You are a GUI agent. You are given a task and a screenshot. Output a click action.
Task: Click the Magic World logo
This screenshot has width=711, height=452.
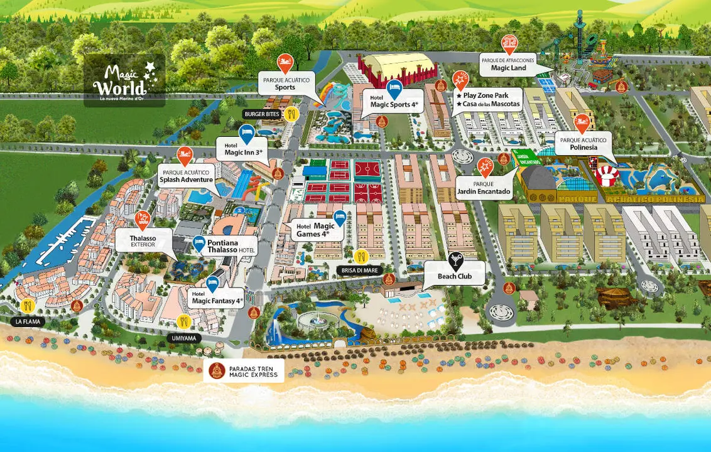(x=124, y=80)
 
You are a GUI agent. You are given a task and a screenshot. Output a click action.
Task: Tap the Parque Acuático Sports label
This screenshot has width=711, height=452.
(x=285, y=83)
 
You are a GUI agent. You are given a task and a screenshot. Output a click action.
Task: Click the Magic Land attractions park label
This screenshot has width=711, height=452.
(x=509, y=64)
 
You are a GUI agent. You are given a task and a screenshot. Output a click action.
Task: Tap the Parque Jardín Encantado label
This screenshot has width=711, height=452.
(x=484, y=188)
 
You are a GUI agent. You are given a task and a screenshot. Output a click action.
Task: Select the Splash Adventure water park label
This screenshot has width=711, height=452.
(x=186, y=175)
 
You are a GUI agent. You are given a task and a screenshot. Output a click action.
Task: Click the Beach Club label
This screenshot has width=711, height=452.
(x=453, y=276)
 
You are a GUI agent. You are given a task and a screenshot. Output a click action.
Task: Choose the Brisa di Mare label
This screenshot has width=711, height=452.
(x=359, y=270)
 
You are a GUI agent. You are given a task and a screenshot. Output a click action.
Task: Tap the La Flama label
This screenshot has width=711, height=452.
(x=27, y=321)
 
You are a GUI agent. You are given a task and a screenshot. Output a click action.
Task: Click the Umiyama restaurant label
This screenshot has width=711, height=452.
(x=184, y=338)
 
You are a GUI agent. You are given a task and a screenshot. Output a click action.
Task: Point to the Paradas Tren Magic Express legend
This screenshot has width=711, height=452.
(x=246, y=370)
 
